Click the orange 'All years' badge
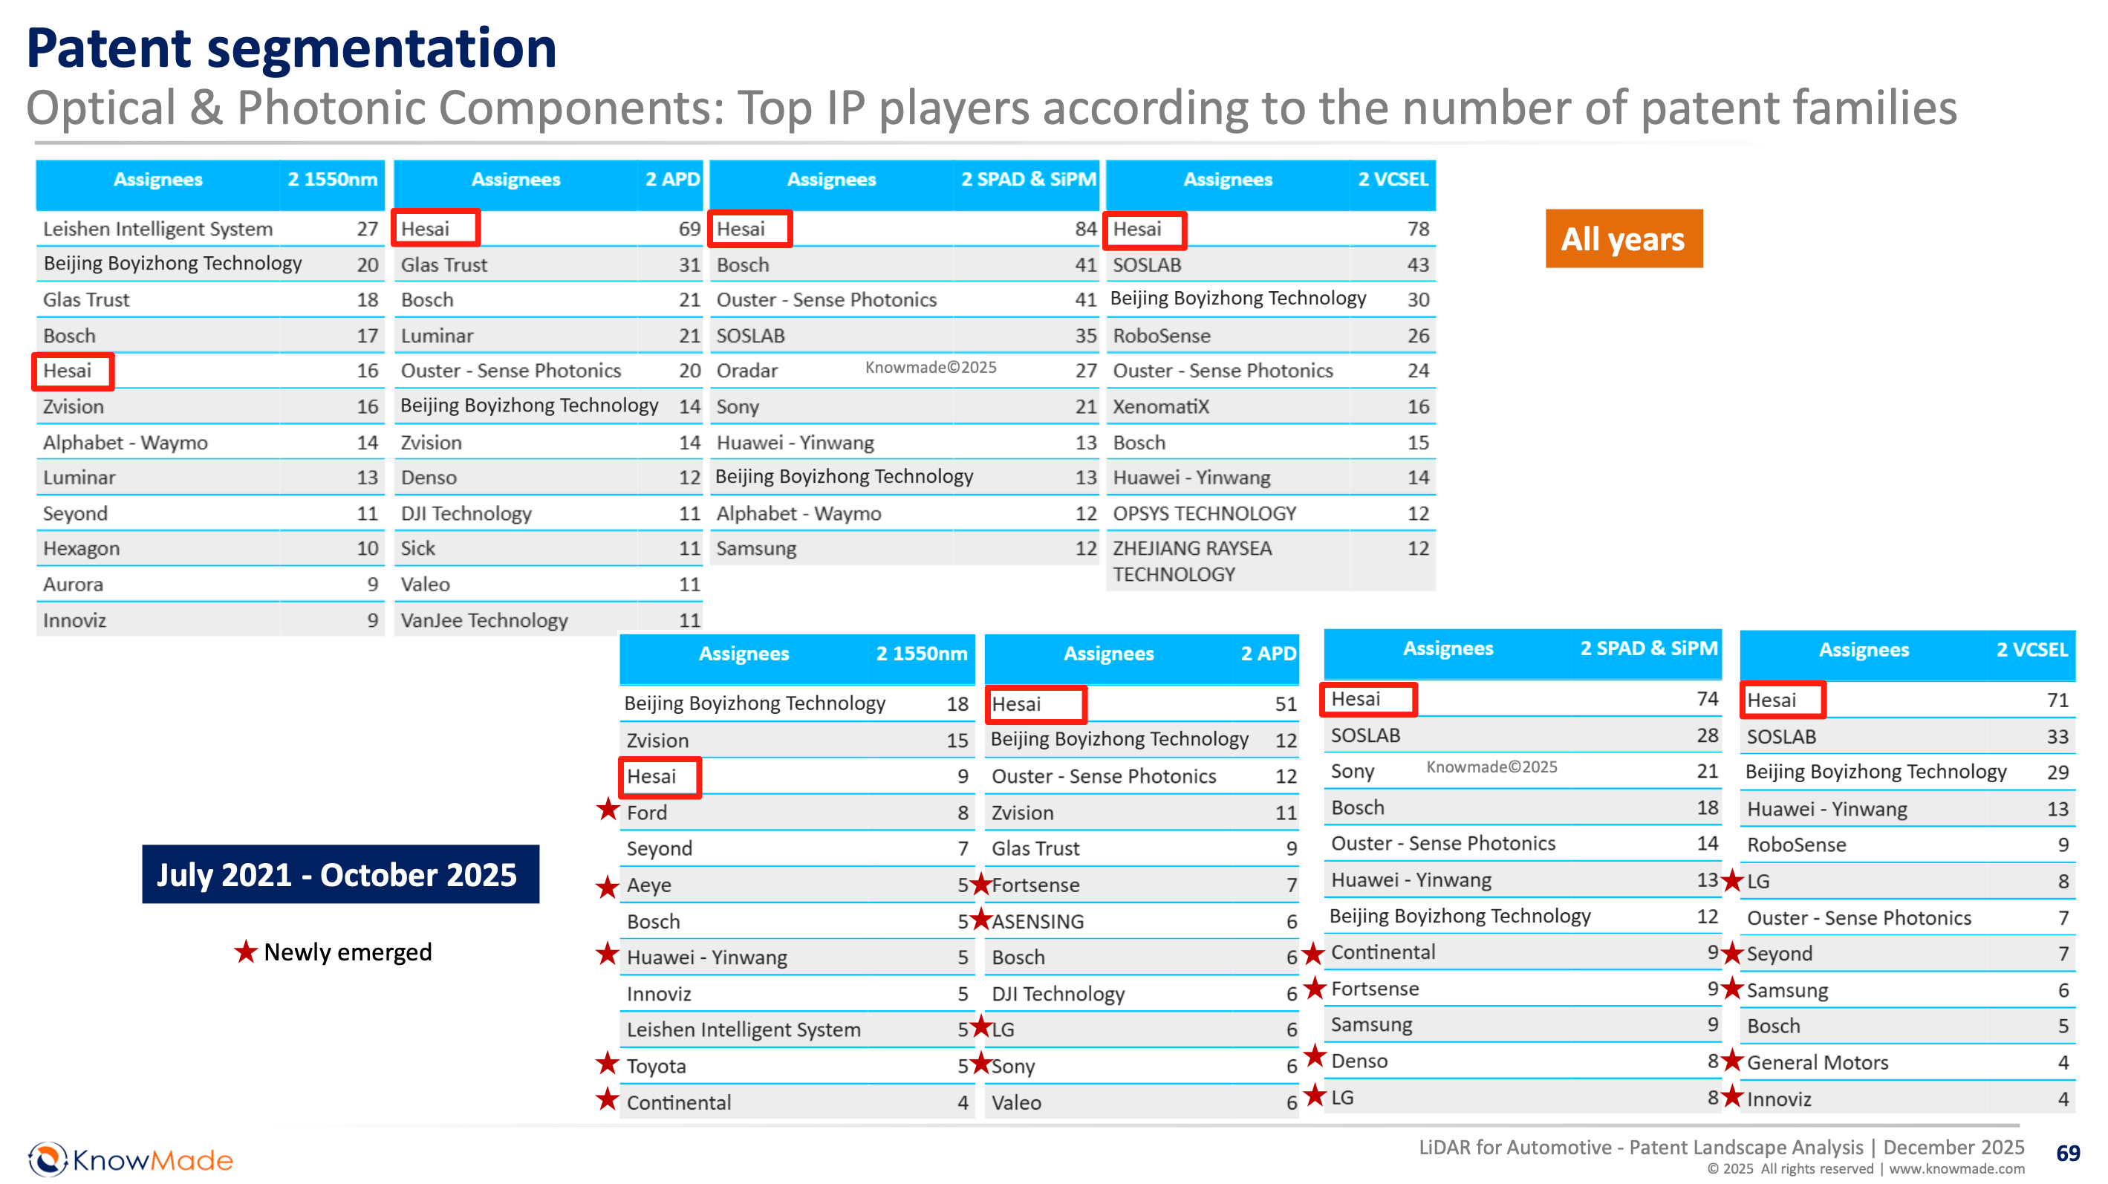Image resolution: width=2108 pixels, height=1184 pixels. [x=1623, y=239]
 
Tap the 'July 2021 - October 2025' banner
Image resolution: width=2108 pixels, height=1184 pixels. [x=339, y=874]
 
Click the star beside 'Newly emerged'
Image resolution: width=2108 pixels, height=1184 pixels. [x=246, y=952]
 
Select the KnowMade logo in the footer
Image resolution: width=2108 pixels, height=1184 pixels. [x=131, y=1159]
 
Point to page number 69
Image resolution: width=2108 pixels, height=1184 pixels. [x=2067, y=1153]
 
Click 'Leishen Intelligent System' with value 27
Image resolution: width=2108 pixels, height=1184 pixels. [x=158, y=229]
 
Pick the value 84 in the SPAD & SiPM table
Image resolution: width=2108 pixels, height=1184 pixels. [x=1085, y=229]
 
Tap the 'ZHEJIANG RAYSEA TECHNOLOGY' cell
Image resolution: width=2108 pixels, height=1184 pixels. [x=1191, y=562]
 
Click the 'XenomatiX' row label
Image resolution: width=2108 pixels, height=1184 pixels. [x=1160, y=406]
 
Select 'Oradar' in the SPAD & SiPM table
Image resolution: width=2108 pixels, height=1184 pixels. [x=747, y=371]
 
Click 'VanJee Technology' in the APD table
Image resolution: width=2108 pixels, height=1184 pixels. [x=484, y=620]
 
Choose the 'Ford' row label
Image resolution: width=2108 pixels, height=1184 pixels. [x=647, y=813]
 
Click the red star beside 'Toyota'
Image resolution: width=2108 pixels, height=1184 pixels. [x=607, y=1064]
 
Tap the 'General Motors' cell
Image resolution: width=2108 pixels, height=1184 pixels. [x=1818, y=1062]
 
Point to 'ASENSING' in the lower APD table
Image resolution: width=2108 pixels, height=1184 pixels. [x=1038, y=921]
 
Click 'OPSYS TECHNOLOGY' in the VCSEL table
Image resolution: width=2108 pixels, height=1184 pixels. [x=1205, y=513]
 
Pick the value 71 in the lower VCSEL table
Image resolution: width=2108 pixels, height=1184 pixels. [x=2057, y=700]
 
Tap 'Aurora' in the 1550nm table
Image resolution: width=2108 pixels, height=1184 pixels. [x=74, y=585]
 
